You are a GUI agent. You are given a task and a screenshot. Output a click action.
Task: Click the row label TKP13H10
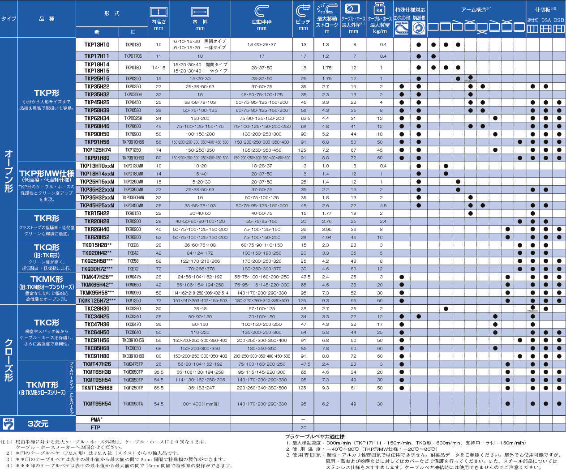coord(97,45)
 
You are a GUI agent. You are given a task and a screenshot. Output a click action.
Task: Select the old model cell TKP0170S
coord(133,56)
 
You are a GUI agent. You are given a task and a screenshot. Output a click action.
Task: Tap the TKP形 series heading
coord(47,93)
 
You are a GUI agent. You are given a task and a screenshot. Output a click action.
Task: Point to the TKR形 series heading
coord(47,218)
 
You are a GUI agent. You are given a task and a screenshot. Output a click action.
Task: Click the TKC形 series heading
coord(47,322)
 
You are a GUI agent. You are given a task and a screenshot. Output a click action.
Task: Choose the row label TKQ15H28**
coord(97,245)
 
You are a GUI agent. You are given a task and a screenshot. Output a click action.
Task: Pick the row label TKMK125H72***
coord(97,301)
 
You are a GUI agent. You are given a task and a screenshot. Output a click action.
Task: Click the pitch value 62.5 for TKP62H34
coord(304,119)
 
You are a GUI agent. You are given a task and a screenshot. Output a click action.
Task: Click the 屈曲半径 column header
coord(262,22)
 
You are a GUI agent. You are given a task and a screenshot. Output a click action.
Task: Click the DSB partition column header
coord(559,20)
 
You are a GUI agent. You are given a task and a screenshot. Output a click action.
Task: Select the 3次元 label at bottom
coord(38,423)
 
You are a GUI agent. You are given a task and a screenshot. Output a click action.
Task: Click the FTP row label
coord(95,427)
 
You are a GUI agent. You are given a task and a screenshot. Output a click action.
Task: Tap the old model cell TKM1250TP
coord(133,388)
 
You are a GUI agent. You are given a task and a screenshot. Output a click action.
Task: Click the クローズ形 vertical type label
coord(9,360)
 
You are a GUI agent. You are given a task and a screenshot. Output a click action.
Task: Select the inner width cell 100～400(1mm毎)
coord(200,404)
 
